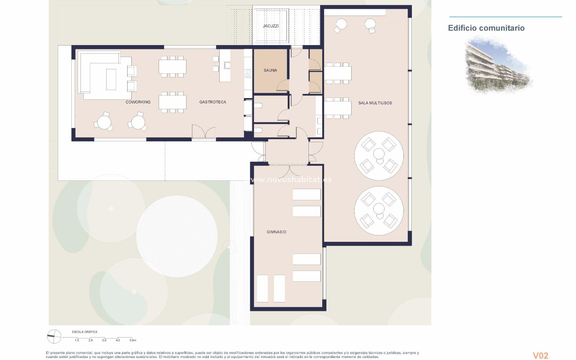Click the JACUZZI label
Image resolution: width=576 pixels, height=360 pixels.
(271, 26)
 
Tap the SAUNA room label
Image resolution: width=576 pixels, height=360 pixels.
(270, 70)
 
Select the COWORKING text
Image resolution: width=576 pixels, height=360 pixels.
(138, 102)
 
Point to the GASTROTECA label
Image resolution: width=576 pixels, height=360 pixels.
(213, 102)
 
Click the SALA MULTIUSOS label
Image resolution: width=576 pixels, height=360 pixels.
(375, 103)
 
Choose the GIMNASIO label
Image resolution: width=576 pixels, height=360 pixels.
(276, 232)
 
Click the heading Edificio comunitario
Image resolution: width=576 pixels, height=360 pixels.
(486, 28)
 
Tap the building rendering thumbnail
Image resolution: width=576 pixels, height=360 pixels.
(498, 64)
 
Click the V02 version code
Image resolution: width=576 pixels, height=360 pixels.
(540, 356)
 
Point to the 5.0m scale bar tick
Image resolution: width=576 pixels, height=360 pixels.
(133, 340)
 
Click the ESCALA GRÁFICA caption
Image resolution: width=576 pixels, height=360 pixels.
(85, 332)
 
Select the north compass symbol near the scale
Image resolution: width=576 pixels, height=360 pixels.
(54, 336)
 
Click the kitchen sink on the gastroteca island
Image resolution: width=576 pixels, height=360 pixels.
(227, 65)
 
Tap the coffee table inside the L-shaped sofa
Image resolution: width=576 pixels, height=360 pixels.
(111, 79)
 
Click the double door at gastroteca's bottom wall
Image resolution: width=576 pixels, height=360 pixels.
(204, 132)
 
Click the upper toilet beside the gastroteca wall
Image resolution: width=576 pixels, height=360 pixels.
(259, 106)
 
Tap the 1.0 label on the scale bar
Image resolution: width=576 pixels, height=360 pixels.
(77, 340)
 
